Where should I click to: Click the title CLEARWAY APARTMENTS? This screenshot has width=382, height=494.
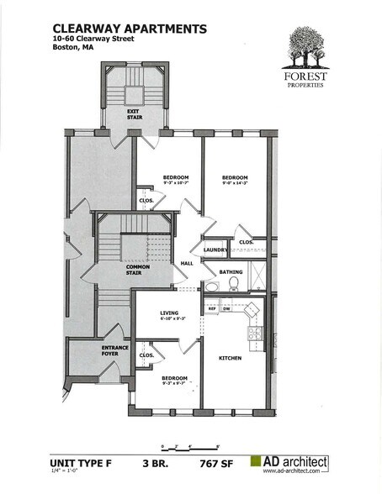tap(130, 29)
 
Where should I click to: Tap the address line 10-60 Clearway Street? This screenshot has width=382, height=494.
tap(95, 39)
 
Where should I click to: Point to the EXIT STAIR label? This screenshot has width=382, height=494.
tap(133, 113)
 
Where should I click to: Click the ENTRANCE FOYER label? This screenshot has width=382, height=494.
tap(115, 349)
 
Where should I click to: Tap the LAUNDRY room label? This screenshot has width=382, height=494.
tap(215, 250)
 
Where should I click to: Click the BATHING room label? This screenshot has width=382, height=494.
tap(231, 272)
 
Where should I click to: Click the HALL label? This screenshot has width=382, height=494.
tap(187, 263)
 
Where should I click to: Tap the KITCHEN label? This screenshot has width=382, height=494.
tap(230, 359)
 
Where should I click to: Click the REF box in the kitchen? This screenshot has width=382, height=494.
tap(213, 308)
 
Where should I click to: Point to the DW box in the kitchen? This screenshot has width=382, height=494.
tap(226, 308)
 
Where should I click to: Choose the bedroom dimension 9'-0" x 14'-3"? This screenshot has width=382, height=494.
tap(235, 184)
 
